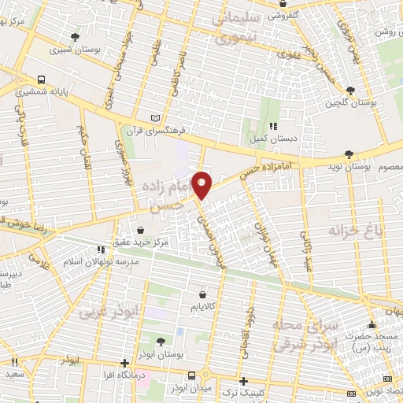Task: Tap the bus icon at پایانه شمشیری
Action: (41, 79)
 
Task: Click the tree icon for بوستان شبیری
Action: (75, 36)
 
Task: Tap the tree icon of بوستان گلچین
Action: (350, 91)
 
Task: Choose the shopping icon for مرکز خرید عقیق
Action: (140, 231)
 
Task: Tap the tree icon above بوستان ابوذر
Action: (161, 342)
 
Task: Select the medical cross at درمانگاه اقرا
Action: (124, 363)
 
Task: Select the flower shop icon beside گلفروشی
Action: (282, 13)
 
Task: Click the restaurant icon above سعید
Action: (14, 363)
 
